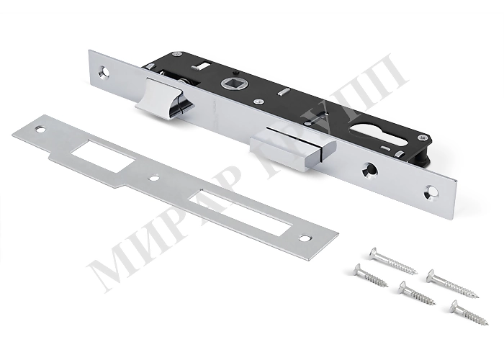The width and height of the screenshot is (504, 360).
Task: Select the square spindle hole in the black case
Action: (x=233, y=85)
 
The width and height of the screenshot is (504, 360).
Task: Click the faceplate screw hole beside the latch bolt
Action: (x=105, y=71)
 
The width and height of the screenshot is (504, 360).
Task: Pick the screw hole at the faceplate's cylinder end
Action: (x=430, y=192)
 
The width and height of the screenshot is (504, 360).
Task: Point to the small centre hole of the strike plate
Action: (x=156, y=177)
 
